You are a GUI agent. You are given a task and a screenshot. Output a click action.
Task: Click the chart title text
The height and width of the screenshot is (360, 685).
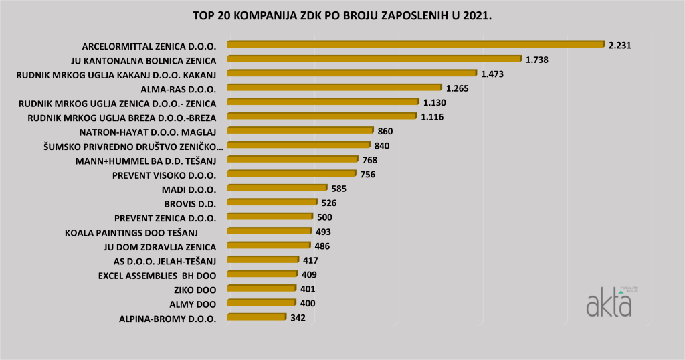(x=342, y=14)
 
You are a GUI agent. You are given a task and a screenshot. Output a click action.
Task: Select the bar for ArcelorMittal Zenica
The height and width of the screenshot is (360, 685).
(x=415, y=45)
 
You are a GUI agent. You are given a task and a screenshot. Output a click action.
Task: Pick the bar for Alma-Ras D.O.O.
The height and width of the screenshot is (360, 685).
(x=334, y=88)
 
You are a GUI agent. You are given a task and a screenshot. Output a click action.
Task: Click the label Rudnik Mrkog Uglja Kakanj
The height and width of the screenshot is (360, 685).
(x=116, y=74)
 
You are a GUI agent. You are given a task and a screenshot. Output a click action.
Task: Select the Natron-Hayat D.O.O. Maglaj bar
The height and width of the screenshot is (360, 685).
(x=300, y=131)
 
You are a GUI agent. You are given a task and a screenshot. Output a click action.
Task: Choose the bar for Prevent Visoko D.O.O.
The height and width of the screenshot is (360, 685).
(x=291, y=174)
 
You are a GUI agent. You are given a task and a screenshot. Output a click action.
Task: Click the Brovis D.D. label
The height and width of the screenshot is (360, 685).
(x=190, y=203)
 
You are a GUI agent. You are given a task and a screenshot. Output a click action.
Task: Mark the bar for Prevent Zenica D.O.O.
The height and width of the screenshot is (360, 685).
(x=270, y=217)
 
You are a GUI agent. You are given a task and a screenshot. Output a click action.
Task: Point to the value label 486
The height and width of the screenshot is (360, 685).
(x=322, y=246)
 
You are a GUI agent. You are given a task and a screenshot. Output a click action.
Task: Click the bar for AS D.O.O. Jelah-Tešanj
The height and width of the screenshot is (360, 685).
(x=263, y=260)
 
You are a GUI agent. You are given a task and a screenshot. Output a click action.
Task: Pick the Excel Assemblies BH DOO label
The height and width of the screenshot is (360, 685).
(x=157, y=275)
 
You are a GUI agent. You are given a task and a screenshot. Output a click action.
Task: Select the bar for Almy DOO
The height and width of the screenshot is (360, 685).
(x=260, y=303)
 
